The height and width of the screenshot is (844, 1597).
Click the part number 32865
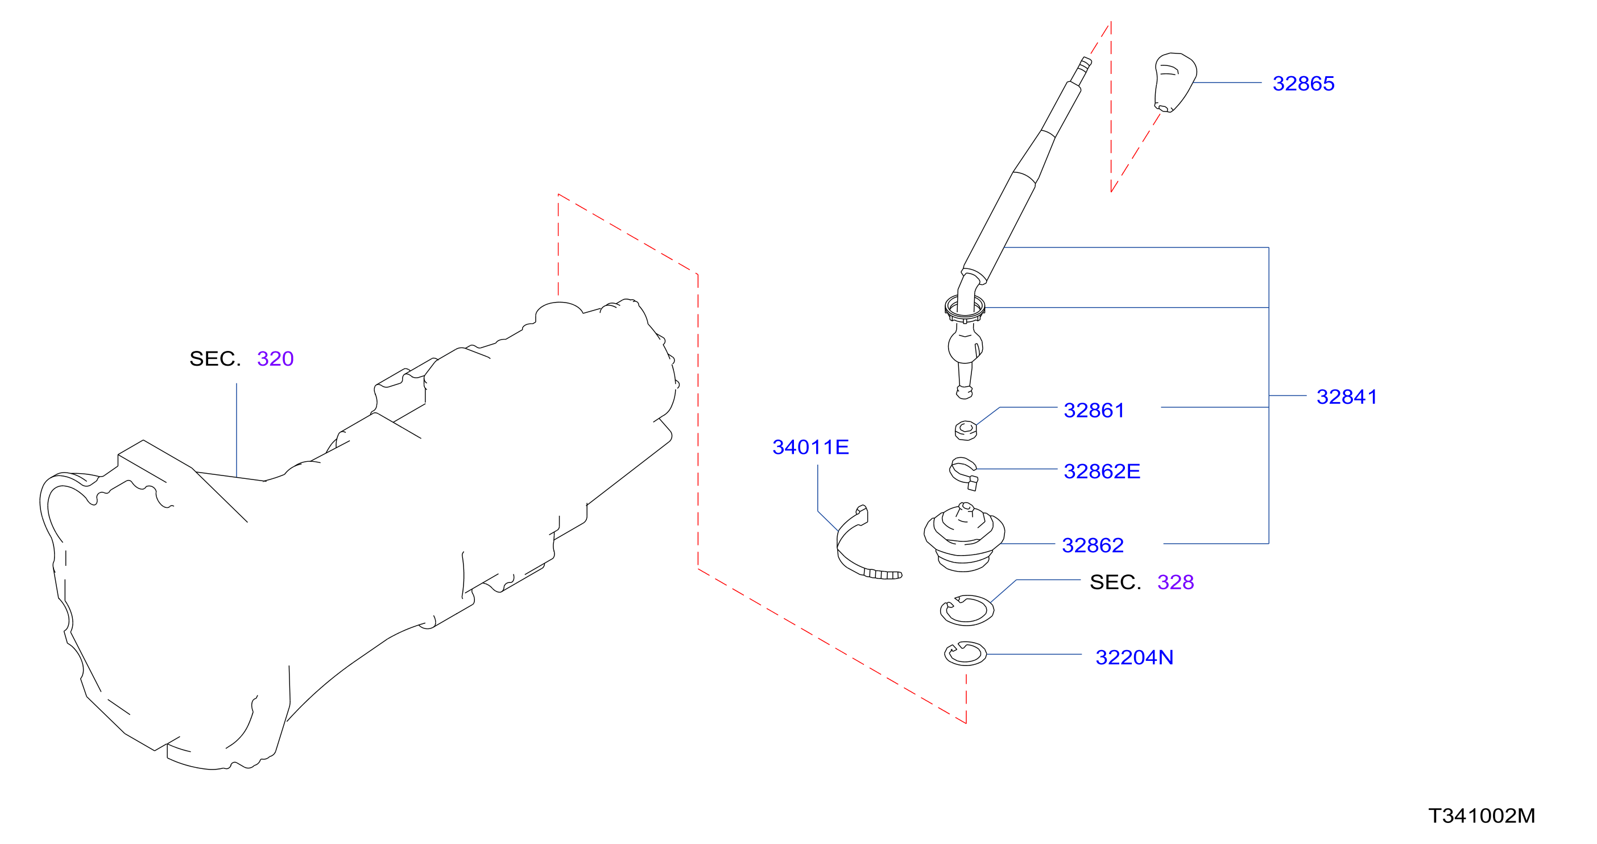pos(1303,84)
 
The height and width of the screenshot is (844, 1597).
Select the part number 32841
pos(1347,397)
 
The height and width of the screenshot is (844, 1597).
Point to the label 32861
pos(1094,411)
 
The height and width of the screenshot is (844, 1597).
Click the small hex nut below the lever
pos(965,430)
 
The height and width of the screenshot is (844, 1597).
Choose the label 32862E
pos(1102,471)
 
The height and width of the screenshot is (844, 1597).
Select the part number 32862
pos(1093,545)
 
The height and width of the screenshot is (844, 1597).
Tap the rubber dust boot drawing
pos(964,537)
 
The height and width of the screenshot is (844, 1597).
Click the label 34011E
pos(810,447)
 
